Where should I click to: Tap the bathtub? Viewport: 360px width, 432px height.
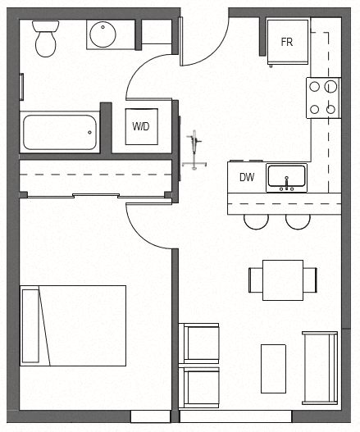[59, 131]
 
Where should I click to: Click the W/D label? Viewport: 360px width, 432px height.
[141, 127]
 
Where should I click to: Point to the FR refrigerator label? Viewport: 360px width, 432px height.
[286, 42]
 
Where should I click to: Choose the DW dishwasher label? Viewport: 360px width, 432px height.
[246, 177]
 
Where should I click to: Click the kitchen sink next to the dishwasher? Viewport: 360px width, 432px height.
[286, 177]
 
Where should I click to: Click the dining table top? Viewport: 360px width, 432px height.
[283, 280]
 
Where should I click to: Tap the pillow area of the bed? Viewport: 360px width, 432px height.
[30, 325]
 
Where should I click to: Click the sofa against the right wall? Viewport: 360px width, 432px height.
[320, 368]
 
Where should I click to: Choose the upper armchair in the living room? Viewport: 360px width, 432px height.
[199, 343]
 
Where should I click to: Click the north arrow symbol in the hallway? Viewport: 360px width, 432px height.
[194, 151]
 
